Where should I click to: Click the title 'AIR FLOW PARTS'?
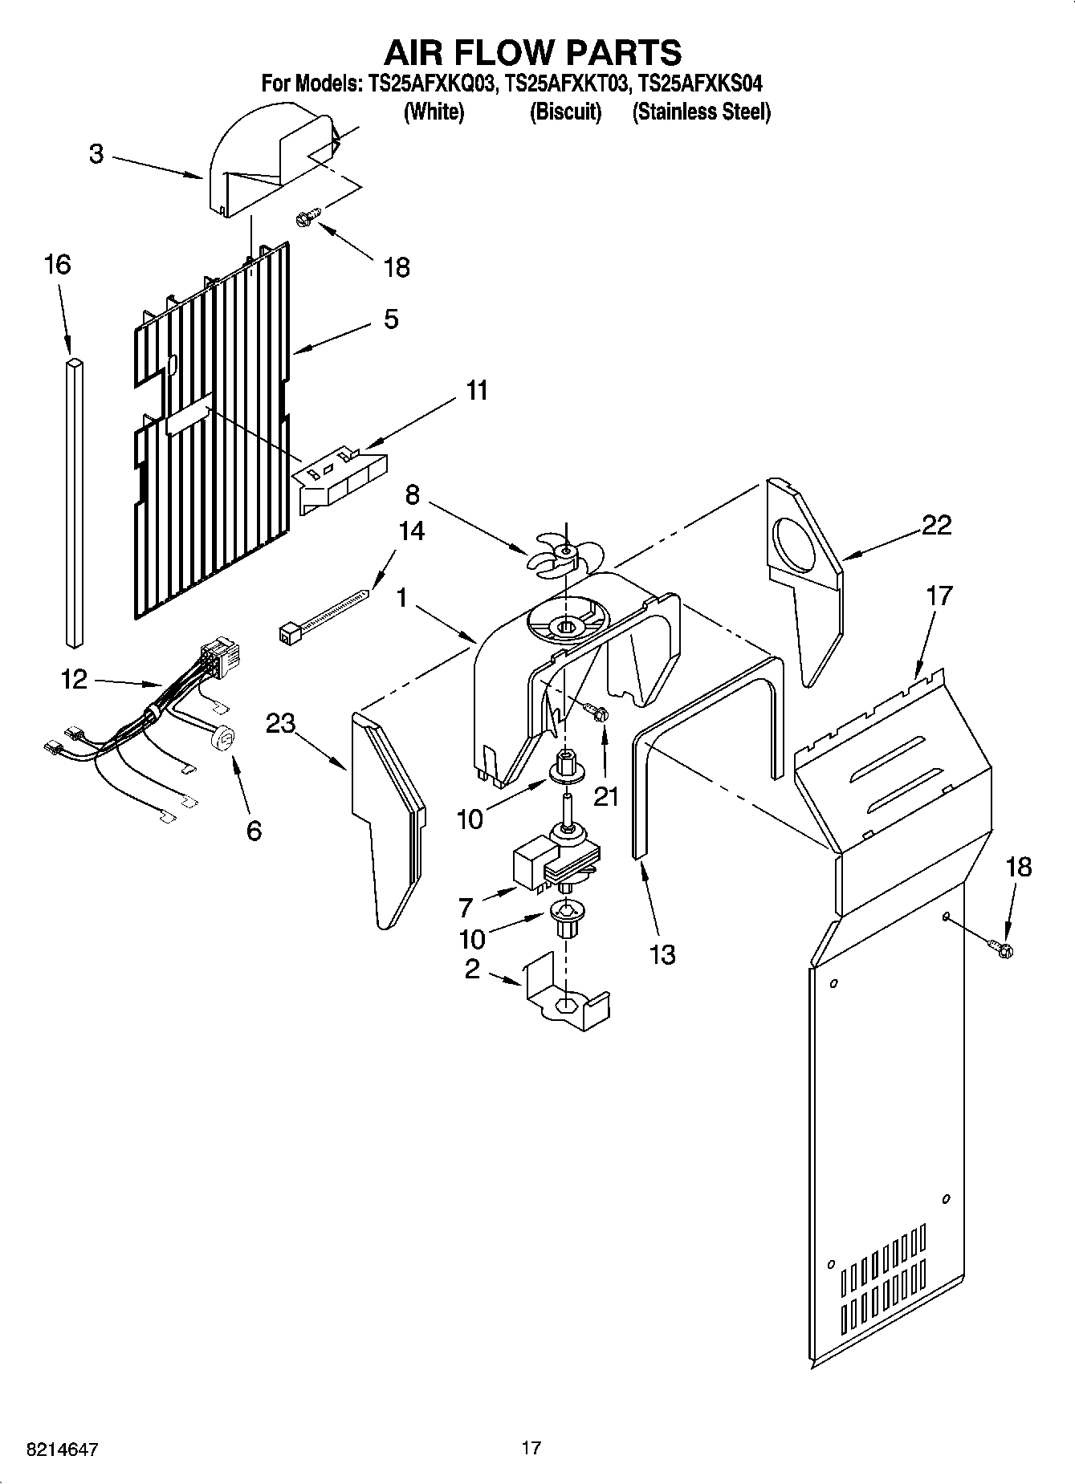point(532,52)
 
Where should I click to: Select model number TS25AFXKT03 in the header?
point(564,83)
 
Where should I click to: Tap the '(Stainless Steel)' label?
point(701,112)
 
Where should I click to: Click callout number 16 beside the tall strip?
point(57,264)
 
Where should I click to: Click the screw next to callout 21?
point(596,711)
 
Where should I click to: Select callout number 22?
point(936,525)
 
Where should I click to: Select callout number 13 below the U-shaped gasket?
point(662,954)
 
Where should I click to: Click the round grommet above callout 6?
point(223,737)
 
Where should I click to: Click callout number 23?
point(281,723)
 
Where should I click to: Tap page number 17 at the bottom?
point(531,1448)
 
